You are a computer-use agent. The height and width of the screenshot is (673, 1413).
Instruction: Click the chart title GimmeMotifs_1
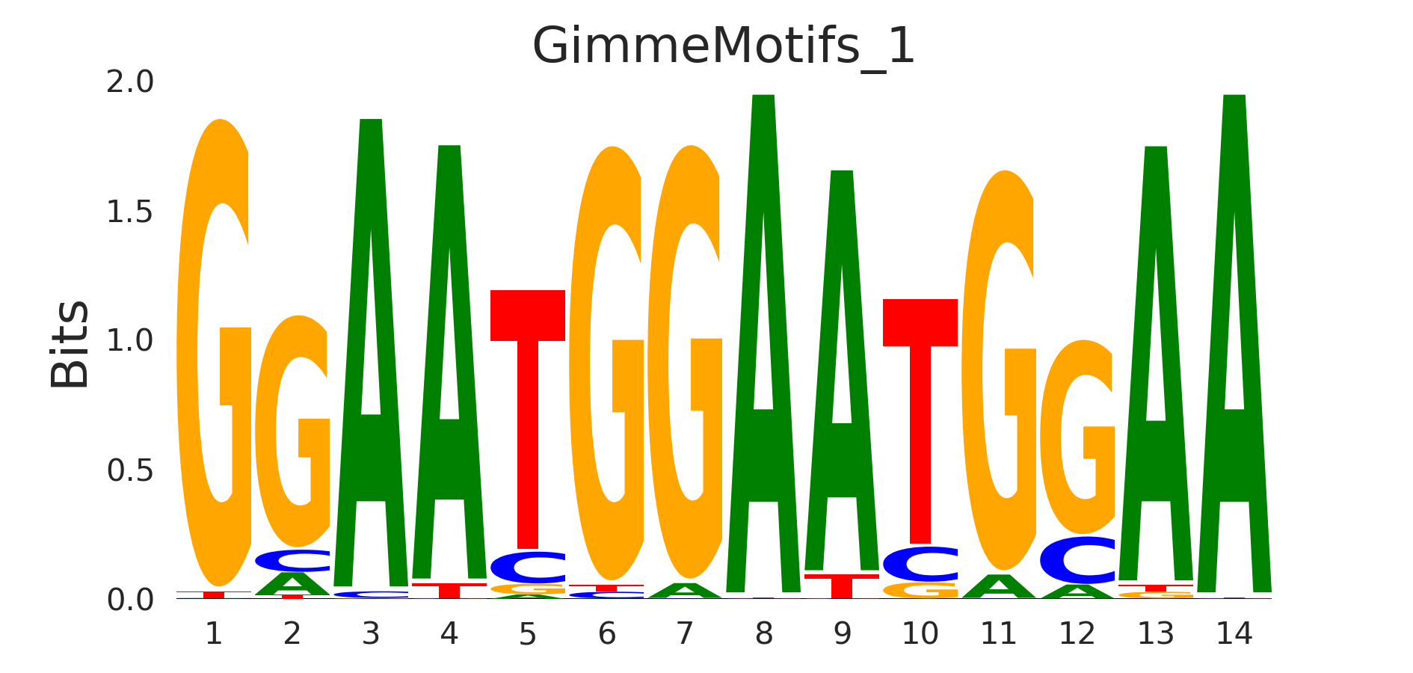(723, 46)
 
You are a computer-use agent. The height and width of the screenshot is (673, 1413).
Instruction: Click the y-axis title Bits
(70, 344)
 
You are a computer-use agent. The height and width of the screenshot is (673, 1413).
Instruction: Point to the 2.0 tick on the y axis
(130, 82)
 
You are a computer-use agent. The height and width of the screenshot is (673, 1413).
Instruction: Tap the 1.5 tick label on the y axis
(130, 212)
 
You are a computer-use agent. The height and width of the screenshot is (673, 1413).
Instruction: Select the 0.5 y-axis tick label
(130, 470)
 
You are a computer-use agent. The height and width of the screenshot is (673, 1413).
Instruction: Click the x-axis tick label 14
(1234, 634)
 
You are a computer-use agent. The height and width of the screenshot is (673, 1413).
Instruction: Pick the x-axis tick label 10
(920, 634)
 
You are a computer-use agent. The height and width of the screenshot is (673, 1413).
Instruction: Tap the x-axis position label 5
(528, 634)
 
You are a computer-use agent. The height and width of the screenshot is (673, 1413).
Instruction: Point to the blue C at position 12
(1077, 560)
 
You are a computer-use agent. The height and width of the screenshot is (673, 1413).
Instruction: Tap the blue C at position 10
(920, 564)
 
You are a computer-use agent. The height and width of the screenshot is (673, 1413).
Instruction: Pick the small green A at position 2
(292, 584)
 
